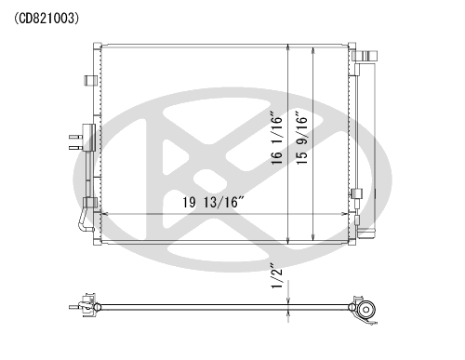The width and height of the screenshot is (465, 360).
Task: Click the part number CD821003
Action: point(46,19)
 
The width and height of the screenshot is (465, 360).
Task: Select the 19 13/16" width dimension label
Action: point(214,203)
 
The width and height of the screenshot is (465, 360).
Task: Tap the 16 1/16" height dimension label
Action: point(277,138)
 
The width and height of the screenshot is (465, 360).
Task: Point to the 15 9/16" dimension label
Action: point(301,138)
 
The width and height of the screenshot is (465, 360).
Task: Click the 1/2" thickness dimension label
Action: point(277,276)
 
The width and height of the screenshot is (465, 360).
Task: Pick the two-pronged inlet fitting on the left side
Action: point(83,138)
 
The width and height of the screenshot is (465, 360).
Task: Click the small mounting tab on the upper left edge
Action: point(90,80)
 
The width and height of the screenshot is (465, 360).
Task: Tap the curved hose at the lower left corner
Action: point(85,220)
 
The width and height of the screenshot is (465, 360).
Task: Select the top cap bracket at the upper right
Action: point(365,56)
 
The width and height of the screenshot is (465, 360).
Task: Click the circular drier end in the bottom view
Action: point(366,310)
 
